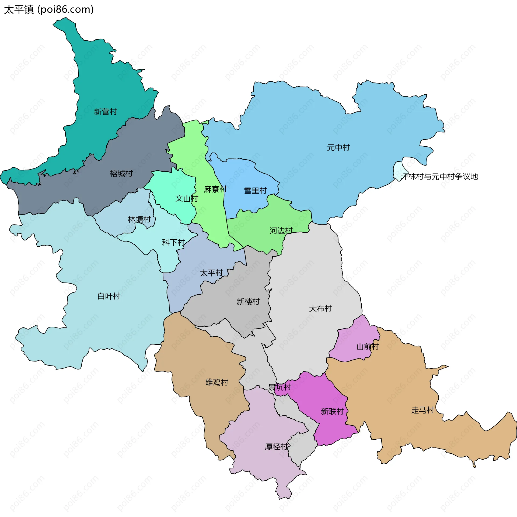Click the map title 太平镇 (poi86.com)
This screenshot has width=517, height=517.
point(49,10)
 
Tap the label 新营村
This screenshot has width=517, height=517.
point(105,112)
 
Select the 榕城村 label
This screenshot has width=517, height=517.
point(121,173)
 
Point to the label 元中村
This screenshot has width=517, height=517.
point(338,147)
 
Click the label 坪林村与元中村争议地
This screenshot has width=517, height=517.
point(439,177)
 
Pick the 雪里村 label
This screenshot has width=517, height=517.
point(255,191)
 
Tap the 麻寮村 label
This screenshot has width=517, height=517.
point(215,189)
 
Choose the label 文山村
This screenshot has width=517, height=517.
point(187,198)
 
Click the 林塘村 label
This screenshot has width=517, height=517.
point(139,219)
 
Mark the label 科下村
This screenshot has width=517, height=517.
point(173,243)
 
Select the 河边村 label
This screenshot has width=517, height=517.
point(281,230)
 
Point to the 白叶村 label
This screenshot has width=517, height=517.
point(109,296)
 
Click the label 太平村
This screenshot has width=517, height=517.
point(211,273)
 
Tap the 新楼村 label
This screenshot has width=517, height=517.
point(248,301)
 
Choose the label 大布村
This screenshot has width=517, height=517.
point(320,308)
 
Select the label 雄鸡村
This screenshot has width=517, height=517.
point(217,382)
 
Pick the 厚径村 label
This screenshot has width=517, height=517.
point(276,447)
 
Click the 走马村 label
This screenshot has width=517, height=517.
point(423,410)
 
